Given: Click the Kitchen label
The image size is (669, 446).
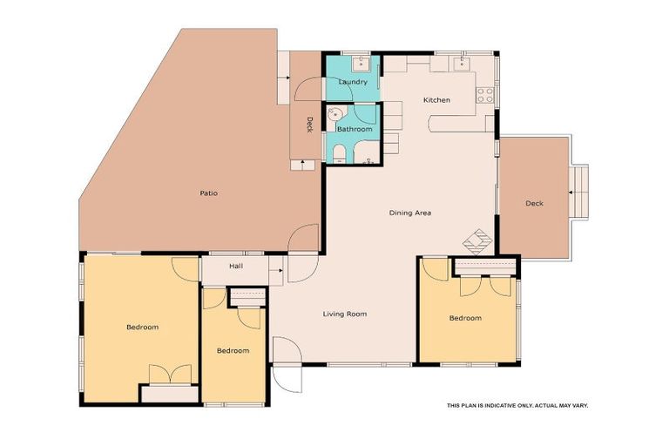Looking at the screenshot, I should coord(436,100).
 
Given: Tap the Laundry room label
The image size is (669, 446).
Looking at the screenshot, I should coord(353,82).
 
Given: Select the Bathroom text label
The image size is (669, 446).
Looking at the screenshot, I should coord(355,129).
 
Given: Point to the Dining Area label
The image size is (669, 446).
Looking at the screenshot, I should coord(409,213).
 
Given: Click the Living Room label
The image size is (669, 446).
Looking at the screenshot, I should coord(344,314).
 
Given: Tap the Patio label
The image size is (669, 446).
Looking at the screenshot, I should coord(208,192).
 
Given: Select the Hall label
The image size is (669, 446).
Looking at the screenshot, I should coord(235,266).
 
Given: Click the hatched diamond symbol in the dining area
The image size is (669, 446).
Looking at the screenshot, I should coord(476,239).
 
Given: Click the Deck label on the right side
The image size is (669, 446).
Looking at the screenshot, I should coord(534,203).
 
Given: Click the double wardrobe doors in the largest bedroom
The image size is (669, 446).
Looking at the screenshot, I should coord(169,374).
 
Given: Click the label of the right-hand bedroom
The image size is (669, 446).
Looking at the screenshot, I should coord(465,318).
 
